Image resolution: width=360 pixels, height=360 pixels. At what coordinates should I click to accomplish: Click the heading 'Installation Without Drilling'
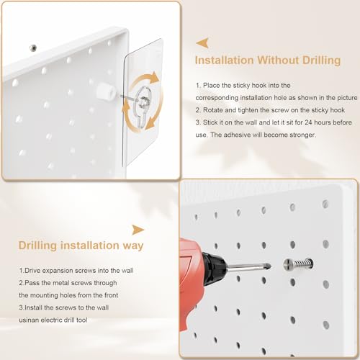269,61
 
